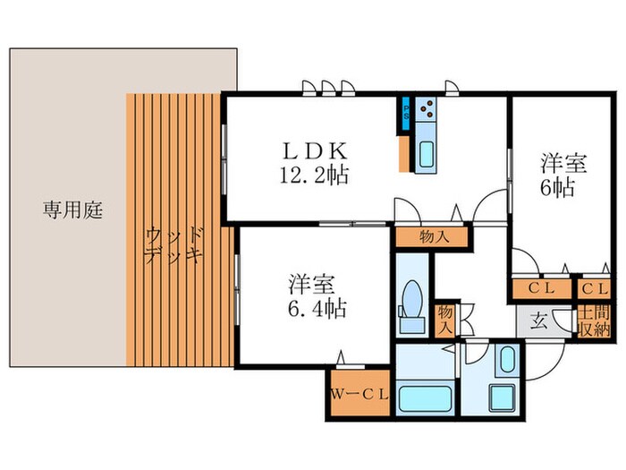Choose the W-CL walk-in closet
[358, 393]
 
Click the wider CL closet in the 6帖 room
[542, 289]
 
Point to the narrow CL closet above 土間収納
[593, 289]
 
